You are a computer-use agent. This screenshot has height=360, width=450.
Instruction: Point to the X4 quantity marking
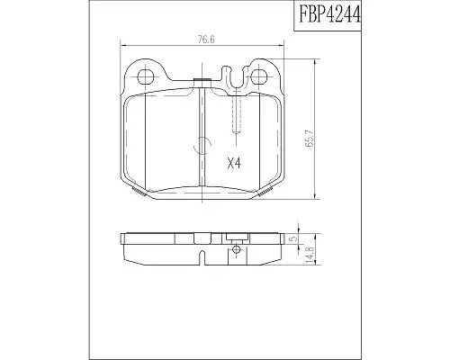click(x=234, y=164)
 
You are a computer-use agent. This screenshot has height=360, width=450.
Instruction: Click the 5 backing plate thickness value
click(x=293, y=238)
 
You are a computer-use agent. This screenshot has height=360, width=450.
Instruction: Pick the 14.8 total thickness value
click(x=310, y=255)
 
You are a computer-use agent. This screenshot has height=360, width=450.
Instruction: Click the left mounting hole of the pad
click(x=146, y=76)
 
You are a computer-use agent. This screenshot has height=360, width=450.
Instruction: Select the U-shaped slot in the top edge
click(x=237, y=76)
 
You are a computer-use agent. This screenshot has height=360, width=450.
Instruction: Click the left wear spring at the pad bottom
click(x=139, y=191)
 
